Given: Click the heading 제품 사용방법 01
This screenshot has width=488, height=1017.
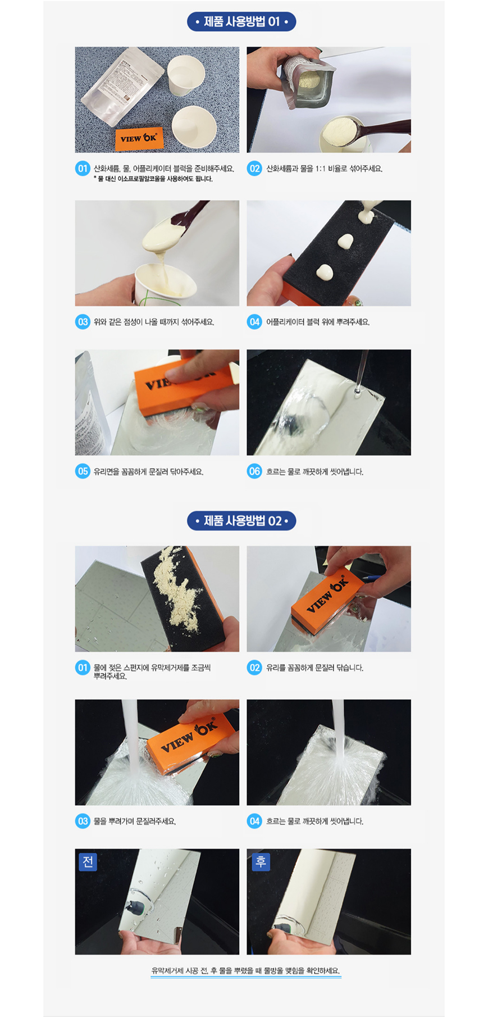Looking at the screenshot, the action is point(241,22).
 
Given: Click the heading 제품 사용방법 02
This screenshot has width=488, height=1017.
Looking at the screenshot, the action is point(241,521).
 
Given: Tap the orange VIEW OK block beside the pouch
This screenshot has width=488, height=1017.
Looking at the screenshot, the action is point(139,138).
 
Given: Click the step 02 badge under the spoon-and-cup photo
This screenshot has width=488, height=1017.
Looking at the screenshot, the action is point(254,169).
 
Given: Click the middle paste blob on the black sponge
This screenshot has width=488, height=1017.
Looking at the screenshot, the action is point(344,242).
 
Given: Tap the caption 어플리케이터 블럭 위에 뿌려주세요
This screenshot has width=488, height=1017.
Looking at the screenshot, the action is point(318,322).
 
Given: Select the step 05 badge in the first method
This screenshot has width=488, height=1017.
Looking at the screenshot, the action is point(83,471).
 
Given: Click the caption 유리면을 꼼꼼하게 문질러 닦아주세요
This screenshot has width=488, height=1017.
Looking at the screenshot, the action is point(148,472).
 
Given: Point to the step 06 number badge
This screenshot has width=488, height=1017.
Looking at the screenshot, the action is point(254,471).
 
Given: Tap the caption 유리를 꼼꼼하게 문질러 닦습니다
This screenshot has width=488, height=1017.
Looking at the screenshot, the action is point(314,668).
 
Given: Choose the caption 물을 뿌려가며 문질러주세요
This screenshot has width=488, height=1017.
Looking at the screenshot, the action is point(135,821).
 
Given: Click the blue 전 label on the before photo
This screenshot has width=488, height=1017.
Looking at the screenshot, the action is point(88,862).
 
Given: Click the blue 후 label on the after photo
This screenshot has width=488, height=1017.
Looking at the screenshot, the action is point(261,862).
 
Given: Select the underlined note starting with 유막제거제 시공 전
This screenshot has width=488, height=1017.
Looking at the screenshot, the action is point(245,970).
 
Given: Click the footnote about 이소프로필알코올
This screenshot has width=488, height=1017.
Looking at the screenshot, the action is point(153,179).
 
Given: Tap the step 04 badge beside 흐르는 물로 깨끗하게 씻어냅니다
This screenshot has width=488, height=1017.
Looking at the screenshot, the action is point(254,821).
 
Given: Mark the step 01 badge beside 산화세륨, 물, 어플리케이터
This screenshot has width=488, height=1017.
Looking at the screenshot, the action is point(83,169).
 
